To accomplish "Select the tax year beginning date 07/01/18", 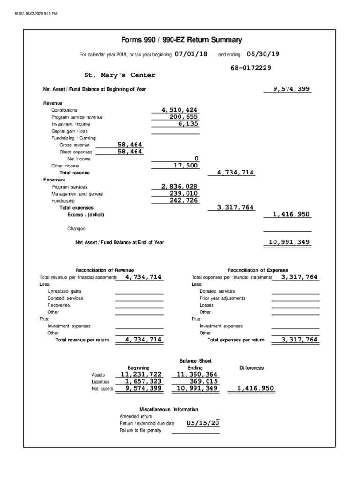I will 191,54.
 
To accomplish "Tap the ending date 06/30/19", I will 263,54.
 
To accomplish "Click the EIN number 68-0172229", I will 251,68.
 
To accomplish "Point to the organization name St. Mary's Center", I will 120,75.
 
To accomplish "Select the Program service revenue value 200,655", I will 184,117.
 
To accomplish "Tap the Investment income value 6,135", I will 188,124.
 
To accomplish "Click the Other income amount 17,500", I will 186,166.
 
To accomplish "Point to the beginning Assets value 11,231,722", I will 141,374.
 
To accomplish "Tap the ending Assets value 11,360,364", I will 197,374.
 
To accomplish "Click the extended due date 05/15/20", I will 203,423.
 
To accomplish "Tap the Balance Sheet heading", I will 195,361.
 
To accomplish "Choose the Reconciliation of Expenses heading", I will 258,270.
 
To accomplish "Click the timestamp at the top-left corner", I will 36,13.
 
